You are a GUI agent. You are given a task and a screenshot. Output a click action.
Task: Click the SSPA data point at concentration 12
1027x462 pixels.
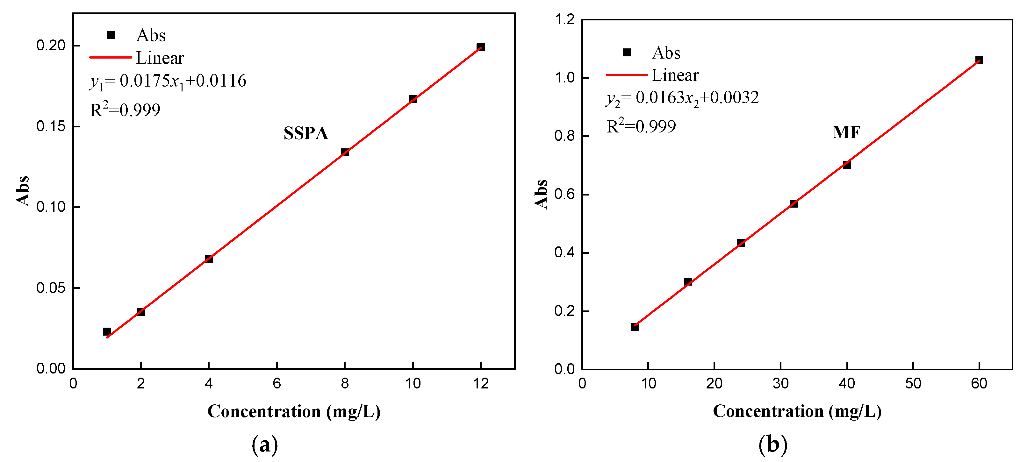point(481,47)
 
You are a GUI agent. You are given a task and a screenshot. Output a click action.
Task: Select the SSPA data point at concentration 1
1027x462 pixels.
point(107,332)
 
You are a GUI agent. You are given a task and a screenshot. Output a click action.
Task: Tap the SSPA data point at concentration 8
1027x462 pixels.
point(345,152)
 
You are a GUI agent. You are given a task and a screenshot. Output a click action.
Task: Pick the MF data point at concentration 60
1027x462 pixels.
point(979,60)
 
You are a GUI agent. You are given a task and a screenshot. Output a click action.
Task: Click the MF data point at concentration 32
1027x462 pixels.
point(794,204)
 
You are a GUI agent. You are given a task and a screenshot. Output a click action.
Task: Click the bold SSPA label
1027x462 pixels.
point(306,133)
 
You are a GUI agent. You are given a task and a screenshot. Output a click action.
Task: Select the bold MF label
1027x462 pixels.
point(846,133)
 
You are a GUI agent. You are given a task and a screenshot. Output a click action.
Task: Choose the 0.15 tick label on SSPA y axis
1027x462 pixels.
point(51,126)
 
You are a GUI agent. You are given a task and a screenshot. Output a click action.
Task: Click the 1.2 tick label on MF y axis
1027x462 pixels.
point(564,19)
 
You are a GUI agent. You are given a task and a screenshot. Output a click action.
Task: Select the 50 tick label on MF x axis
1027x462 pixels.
point(913,383)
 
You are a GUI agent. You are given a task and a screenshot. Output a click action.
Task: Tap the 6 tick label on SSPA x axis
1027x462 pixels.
point(277,383)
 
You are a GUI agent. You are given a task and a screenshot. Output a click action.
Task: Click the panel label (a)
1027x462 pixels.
point(265,444)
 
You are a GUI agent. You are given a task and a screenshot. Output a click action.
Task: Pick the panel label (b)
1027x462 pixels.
point(773,444)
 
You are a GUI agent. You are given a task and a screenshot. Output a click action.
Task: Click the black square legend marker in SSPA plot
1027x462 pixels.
point(111,35)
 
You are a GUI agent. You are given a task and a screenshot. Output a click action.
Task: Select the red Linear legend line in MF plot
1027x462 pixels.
point(627,75)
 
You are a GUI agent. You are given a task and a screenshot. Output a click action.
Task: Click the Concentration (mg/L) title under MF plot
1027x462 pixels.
point(797,411)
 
